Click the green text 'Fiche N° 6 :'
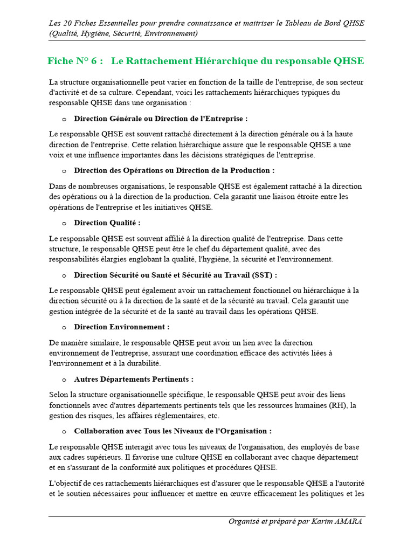pyautogui.click(x=75, y=61)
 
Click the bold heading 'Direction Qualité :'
pyautogui.click(x=107, y=223)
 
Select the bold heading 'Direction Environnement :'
pyautogui.click(x=122, y=327)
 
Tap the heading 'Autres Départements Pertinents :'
pyautogui.click(x=134, y=379)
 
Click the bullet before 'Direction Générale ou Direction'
pyautogui.click(x=64, y=119)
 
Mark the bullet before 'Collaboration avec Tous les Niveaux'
pyautogui.click(x=64, y=431)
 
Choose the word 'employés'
pyautogui.click(x=306, y=447)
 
